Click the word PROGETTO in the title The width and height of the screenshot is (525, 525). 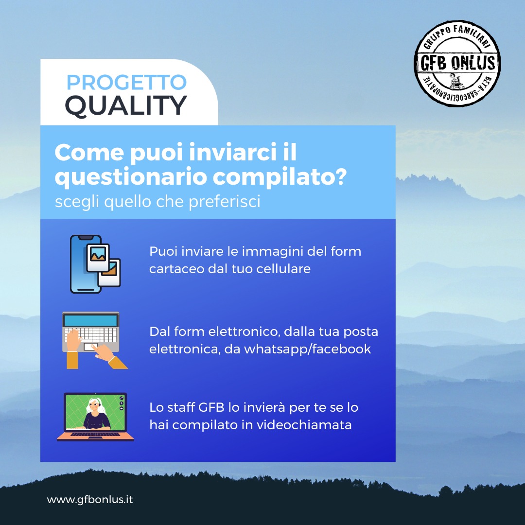(126, 82)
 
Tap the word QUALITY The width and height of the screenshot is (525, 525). (125, 106)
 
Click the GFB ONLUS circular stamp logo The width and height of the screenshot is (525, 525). (457, 63)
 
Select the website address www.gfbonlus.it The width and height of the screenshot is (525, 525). (90, 500)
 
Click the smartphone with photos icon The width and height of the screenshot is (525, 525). (95, 264)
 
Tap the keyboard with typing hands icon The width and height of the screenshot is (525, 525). (95, 340)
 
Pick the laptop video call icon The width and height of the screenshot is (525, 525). (95, 417)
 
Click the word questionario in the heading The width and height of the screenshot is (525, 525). (131, 177)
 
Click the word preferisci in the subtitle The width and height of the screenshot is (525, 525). (224, 202)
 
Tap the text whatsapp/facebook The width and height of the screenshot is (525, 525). (307, 349)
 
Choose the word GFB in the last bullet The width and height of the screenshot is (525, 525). (211, 407)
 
